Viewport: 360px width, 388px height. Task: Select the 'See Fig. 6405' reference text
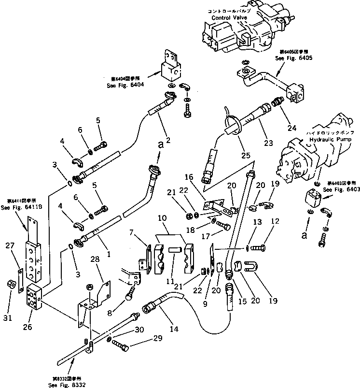294,58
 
